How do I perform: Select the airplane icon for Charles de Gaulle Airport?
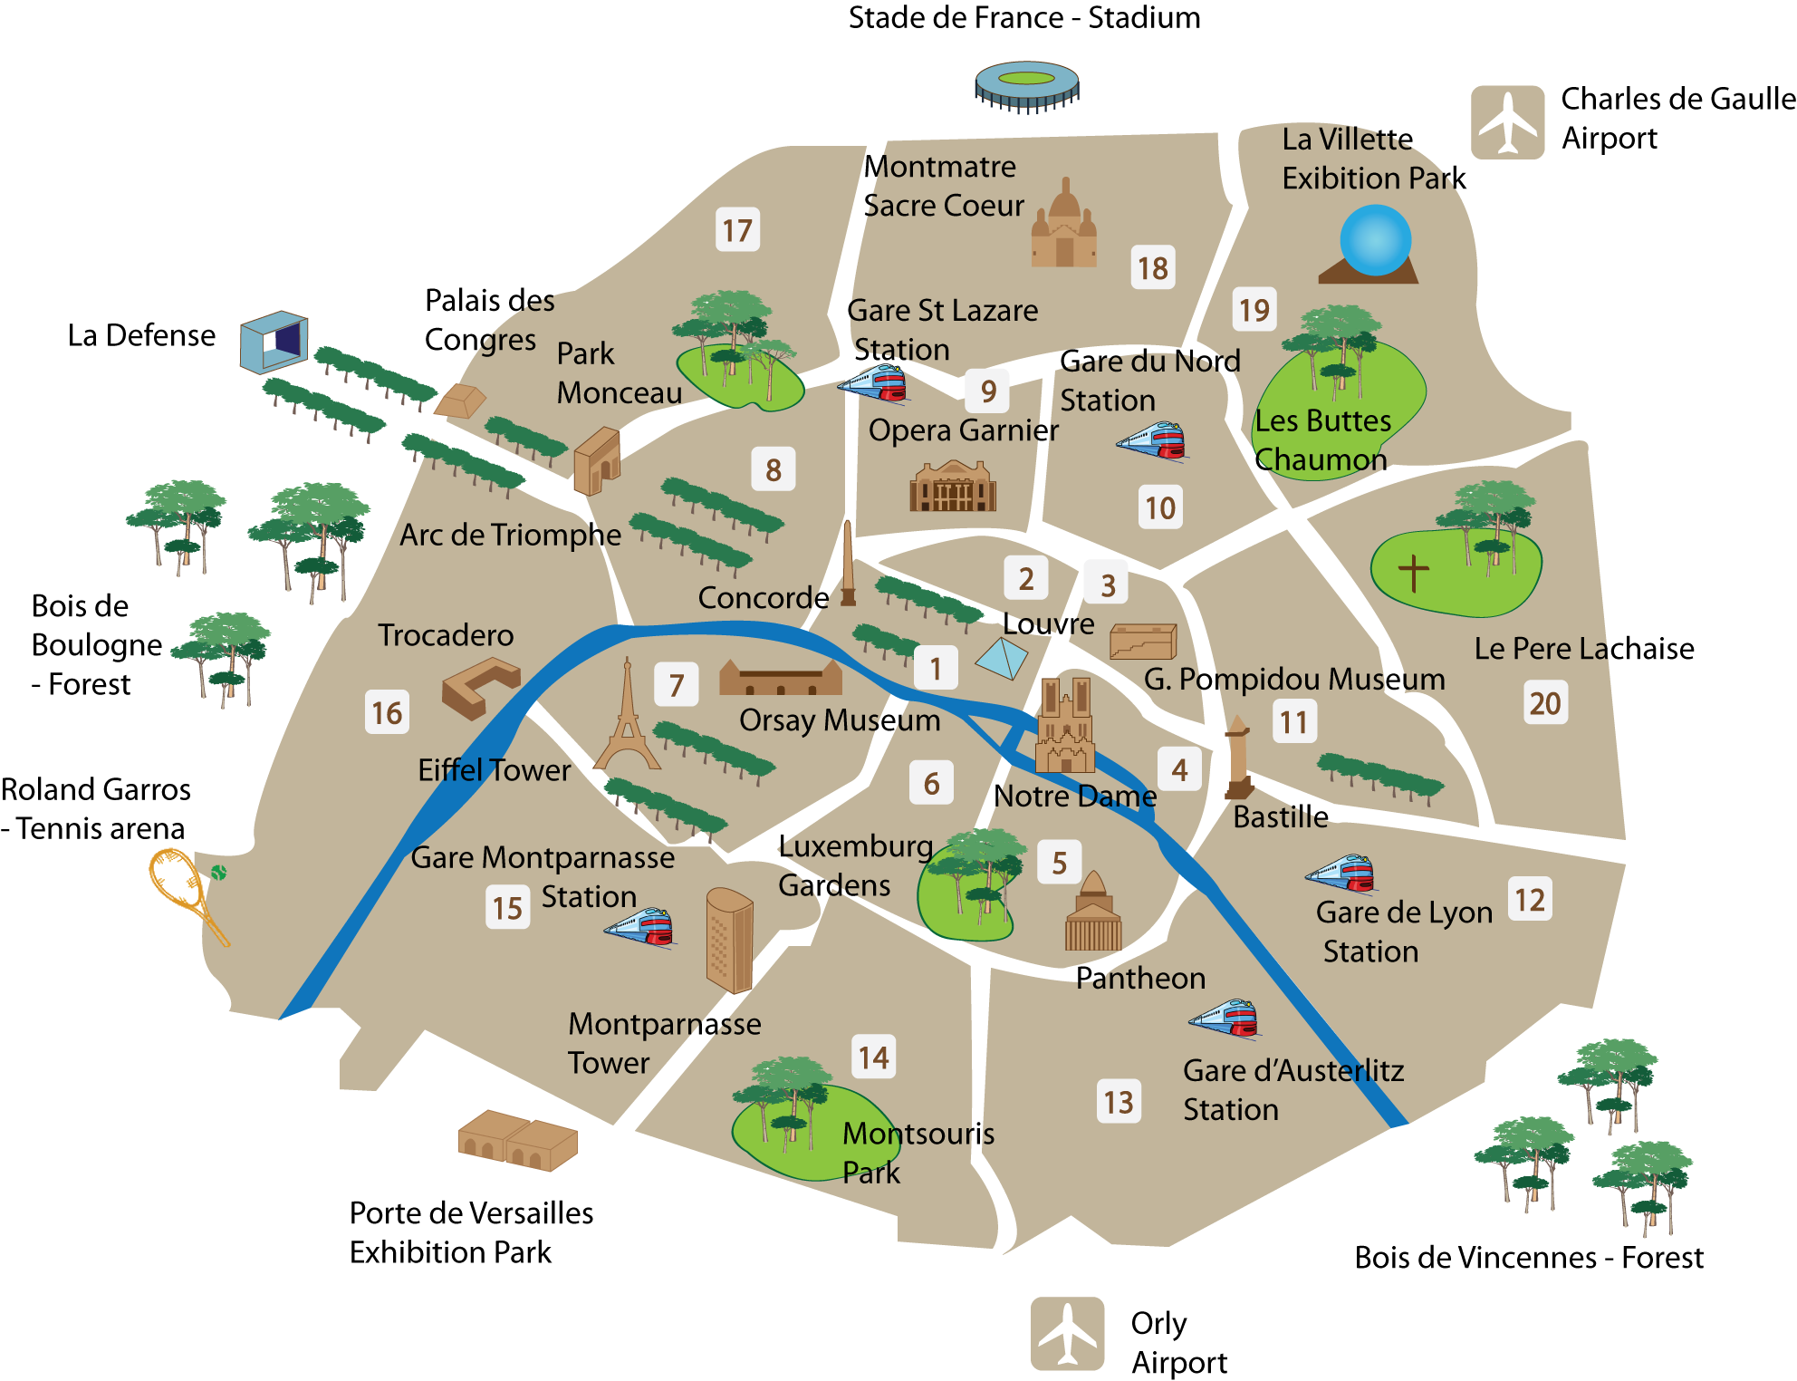1507,122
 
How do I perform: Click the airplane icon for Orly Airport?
1067,1333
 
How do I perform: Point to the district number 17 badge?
737,230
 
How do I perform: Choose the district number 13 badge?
1119,1102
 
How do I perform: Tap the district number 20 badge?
1545,703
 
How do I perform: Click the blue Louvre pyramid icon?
1002,659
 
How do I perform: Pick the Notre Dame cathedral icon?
1065,725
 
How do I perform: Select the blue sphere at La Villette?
1375,240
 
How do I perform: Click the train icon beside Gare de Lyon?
1342,873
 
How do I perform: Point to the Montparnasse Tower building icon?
729,940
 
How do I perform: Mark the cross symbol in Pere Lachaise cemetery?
1413,573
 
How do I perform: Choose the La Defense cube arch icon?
274,341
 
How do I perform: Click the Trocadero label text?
446,635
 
